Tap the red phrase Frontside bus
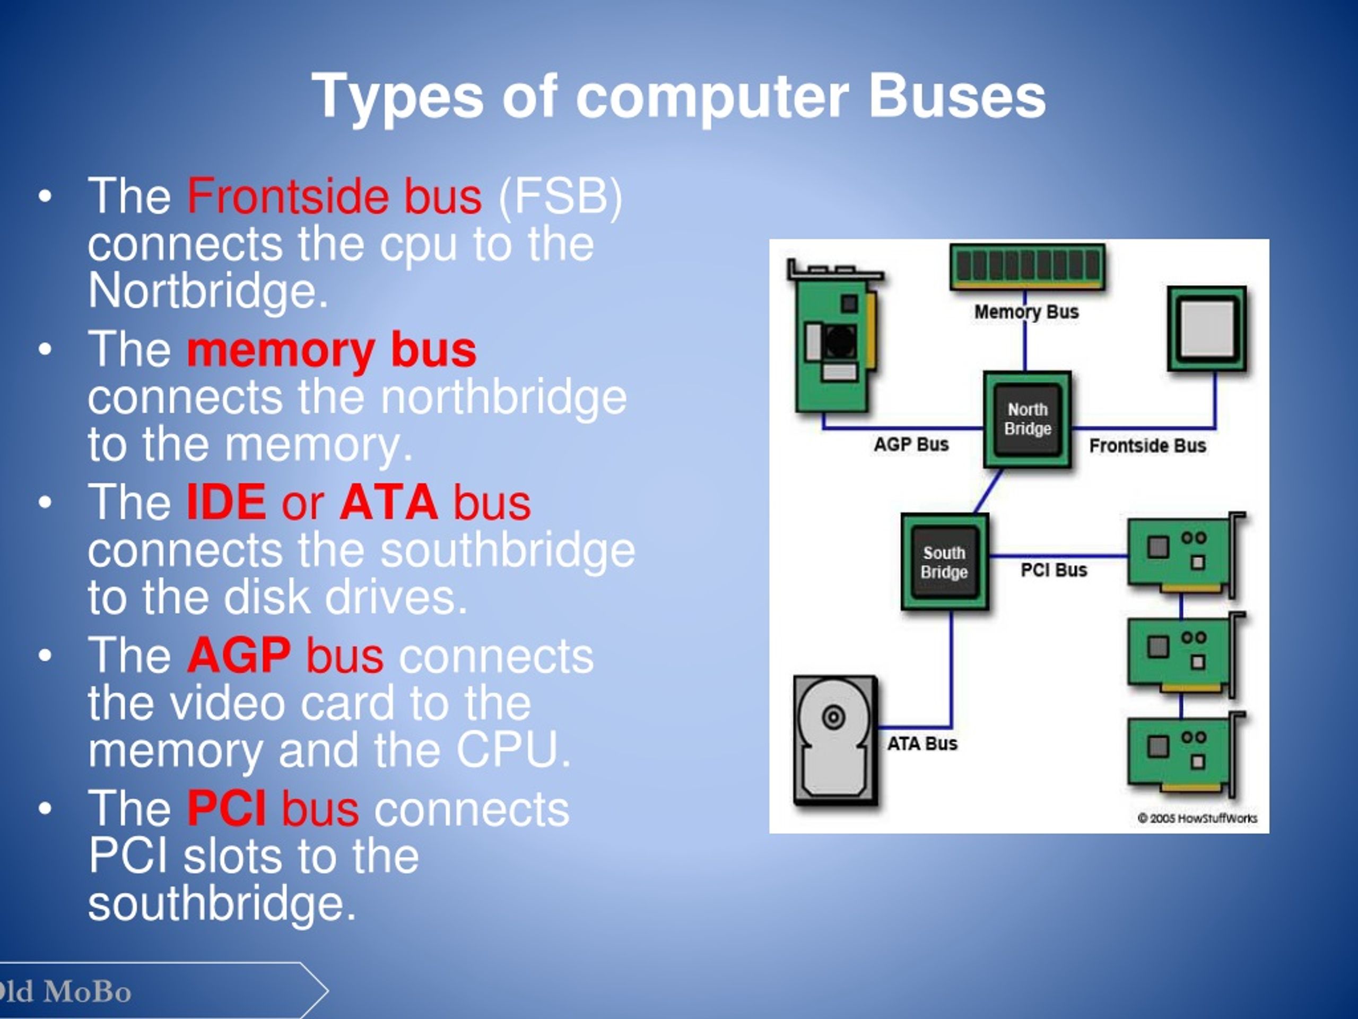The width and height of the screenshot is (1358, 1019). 334,196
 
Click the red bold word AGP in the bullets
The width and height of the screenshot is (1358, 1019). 239,655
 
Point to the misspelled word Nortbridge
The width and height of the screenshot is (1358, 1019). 207,290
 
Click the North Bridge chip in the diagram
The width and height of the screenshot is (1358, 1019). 1027,419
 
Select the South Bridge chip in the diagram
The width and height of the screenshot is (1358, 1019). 944,562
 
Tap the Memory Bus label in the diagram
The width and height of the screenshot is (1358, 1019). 1026,312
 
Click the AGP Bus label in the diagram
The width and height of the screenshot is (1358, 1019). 911,444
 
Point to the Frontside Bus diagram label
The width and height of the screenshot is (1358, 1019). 1147,445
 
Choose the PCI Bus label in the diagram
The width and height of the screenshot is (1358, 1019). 1054,570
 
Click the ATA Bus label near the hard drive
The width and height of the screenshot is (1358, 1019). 921,744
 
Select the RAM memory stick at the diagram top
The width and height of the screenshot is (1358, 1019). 1027,266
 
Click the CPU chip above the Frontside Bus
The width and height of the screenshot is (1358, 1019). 1206,329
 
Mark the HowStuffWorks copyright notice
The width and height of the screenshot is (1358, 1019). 1197,818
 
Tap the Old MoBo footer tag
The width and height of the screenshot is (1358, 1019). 67,992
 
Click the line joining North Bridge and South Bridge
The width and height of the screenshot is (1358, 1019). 989,491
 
